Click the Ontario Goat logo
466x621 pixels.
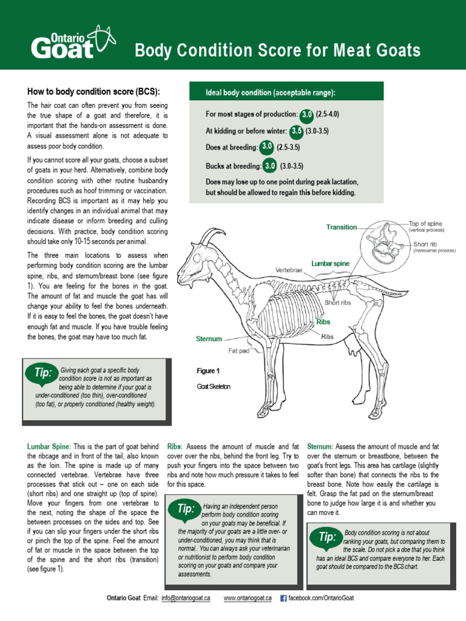73,43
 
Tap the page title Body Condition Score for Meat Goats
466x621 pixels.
277,50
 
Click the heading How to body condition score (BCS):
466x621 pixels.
93,92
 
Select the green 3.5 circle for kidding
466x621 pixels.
296,131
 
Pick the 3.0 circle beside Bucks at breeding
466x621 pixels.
270,166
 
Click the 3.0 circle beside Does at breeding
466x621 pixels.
267,147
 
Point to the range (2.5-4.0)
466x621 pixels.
327,114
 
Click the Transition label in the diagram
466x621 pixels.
342,227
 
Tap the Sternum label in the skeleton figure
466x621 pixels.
209,338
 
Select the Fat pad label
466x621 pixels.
239,351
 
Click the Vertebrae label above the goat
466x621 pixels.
289,270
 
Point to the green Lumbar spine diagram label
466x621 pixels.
330,263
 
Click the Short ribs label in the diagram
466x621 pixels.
338,303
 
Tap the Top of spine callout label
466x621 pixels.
425,223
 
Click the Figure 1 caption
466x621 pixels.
208,371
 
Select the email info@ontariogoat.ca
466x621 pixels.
186,598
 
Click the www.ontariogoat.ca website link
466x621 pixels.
248,598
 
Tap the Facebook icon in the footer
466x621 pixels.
283,598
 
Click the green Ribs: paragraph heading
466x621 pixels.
174,446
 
